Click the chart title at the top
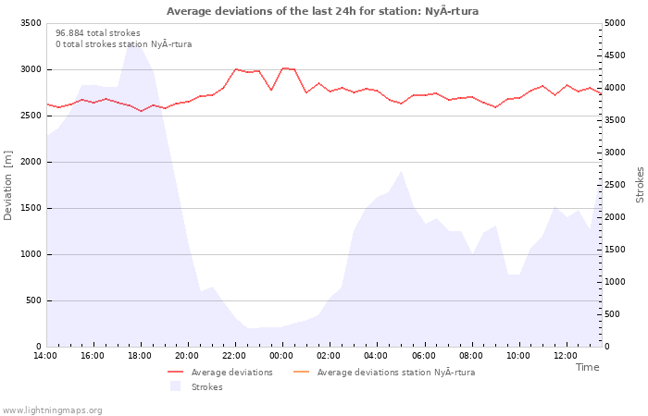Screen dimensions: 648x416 click(x=322, y=11)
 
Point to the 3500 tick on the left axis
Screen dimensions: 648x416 click(x=31, y=23)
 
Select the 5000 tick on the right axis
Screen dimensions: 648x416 click(x=615, y=23)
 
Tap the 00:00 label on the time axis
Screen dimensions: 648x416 click(x=281, y=356)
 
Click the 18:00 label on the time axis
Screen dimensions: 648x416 click(x=140, y=356)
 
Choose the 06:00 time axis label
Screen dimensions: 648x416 click(x=424, y=356)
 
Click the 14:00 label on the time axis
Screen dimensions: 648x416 click(x=45, y=356)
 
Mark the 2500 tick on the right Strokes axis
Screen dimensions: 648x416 click(x=615, y=185)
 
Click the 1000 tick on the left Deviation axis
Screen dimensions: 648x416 click(x=31, y=254)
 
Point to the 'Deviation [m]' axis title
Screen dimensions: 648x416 click(x=7, y=185)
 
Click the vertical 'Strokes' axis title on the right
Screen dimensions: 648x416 click(x=640, y=185)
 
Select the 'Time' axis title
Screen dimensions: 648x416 click(x=587, y=367)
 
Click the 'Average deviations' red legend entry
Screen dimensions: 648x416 click(x=220, y=373)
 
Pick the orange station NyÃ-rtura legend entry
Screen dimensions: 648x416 click(x=384, y=373)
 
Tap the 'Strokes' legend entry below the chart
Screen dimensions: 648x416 click(x=196, y=386)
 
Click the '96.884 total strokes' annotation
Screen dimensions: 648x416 click(x=98, y=33)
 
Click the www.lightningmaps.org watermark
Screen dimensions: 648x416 click(x=52, y=410)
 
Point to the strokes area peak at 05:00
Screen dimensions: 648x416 click(x=401, y=171)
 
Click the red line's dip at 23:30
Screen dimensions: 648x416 click(x=271, y=90)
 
